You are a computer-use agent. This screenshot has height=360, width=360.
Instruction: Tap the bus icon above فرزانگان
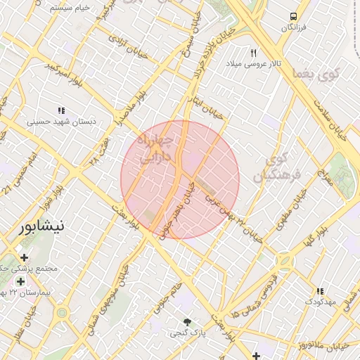coord(292,16)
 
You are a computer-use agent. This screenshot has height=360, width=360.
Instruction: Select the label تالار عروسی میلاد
coord(253,64)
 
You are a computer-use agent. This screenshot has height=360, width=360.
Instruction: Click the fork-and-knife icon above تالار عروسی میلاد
coord(254,53)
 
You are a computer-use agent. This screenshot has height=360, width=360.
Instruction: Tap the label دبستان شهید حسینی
coord(61,122)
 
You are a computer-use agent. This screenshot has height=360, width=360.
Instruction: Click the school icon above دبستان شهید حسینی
coord(61,110)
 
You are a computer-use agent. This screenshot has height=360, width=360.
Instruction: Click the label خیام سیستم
coord(72,6)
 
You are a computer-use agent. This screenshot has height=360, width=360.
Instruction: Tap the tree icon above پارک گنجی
coord(186,322)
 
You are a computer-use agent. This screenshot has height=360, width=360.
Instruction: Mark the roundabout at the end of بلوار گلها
coord(285,262)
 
